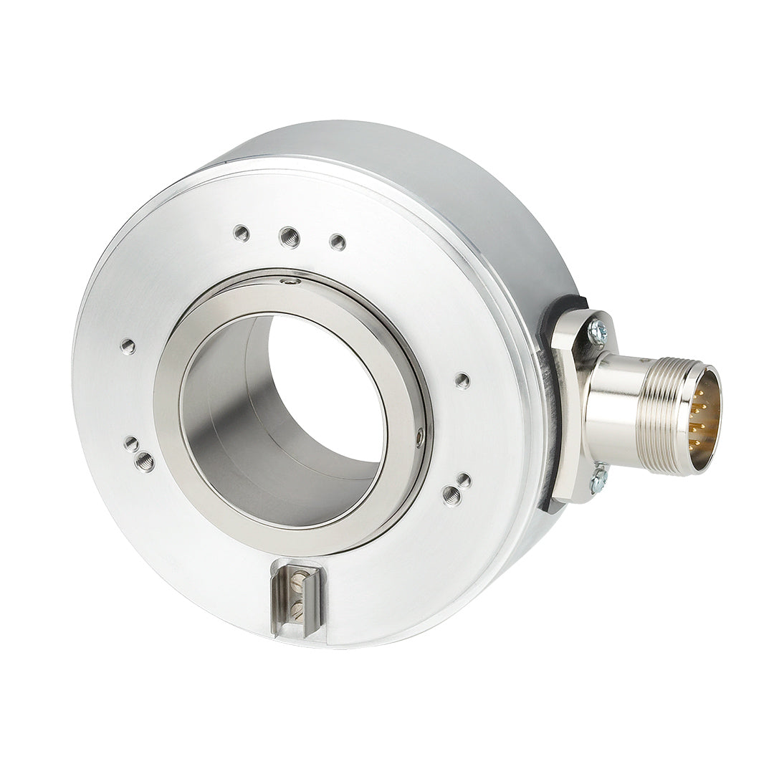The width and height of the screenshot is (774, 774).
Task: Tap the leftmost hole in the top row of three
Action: click(x=242, y=232)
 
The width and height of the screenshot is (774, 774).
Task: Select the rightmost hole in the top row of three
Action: click(x=338, y=242)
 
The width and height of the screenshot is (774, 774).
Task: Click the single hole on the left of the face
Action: click(x=128, y=347)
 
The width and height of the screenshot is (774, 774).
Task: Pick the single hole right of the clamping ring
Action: click(x=463, y=380)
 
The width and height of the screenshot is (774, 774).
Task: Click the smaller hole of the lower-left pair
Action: click(x=131, y=444)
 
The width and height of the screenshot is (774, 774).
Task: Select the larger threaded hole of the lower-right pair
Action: click(x=451, y=494)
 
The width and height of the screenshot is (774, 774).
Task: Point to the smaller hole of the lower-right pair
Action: click(x=464, y=480)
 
